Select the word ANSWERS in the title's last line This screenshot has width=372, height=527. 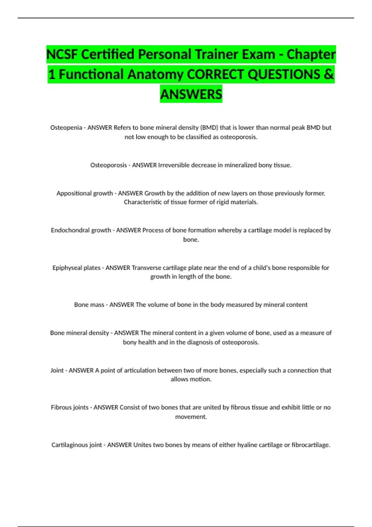[x=191, y=94]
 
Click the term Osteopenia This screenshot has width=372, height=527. [x=66, y=128]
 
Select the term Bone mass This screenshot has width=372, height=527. [x=89, y=305]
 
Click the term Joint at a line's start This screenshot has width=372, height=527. [x=57, y=370]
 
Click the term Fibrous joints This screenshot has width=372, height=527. [x=69, y=407]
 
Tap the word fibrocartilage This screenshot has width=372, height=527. [x=311, y=445]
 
